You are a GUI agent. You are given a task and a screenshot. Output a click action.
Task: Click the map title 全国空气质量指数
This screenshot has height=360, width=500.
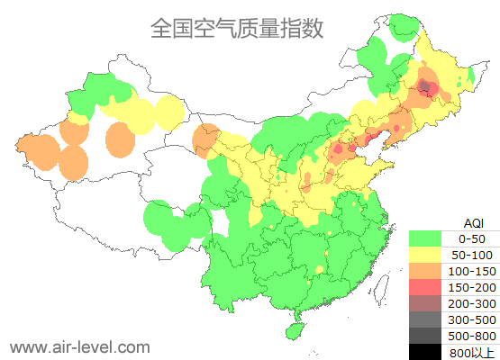click(x=237, y=28)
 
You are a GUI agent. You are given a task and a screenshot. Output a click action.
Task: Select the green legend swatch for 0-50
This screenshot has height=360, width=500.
click(x=429, y=238)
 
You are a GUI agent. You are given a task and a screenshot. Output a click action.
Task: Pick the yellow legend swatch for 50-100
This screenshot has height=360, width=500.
click(x=429, y=255)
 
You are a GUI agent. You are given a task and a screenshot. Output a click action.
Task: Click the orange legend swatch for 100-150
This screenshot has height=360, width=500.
click(x=429, y=271)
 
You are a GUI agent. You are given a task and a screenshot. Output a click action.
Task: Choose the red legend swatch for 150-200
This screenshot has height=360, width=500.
click(x=429, y=287)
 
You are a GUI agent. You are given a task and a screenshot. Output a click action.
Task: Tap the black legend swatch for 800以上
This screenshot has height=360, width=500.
click(x=429, y=351)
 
